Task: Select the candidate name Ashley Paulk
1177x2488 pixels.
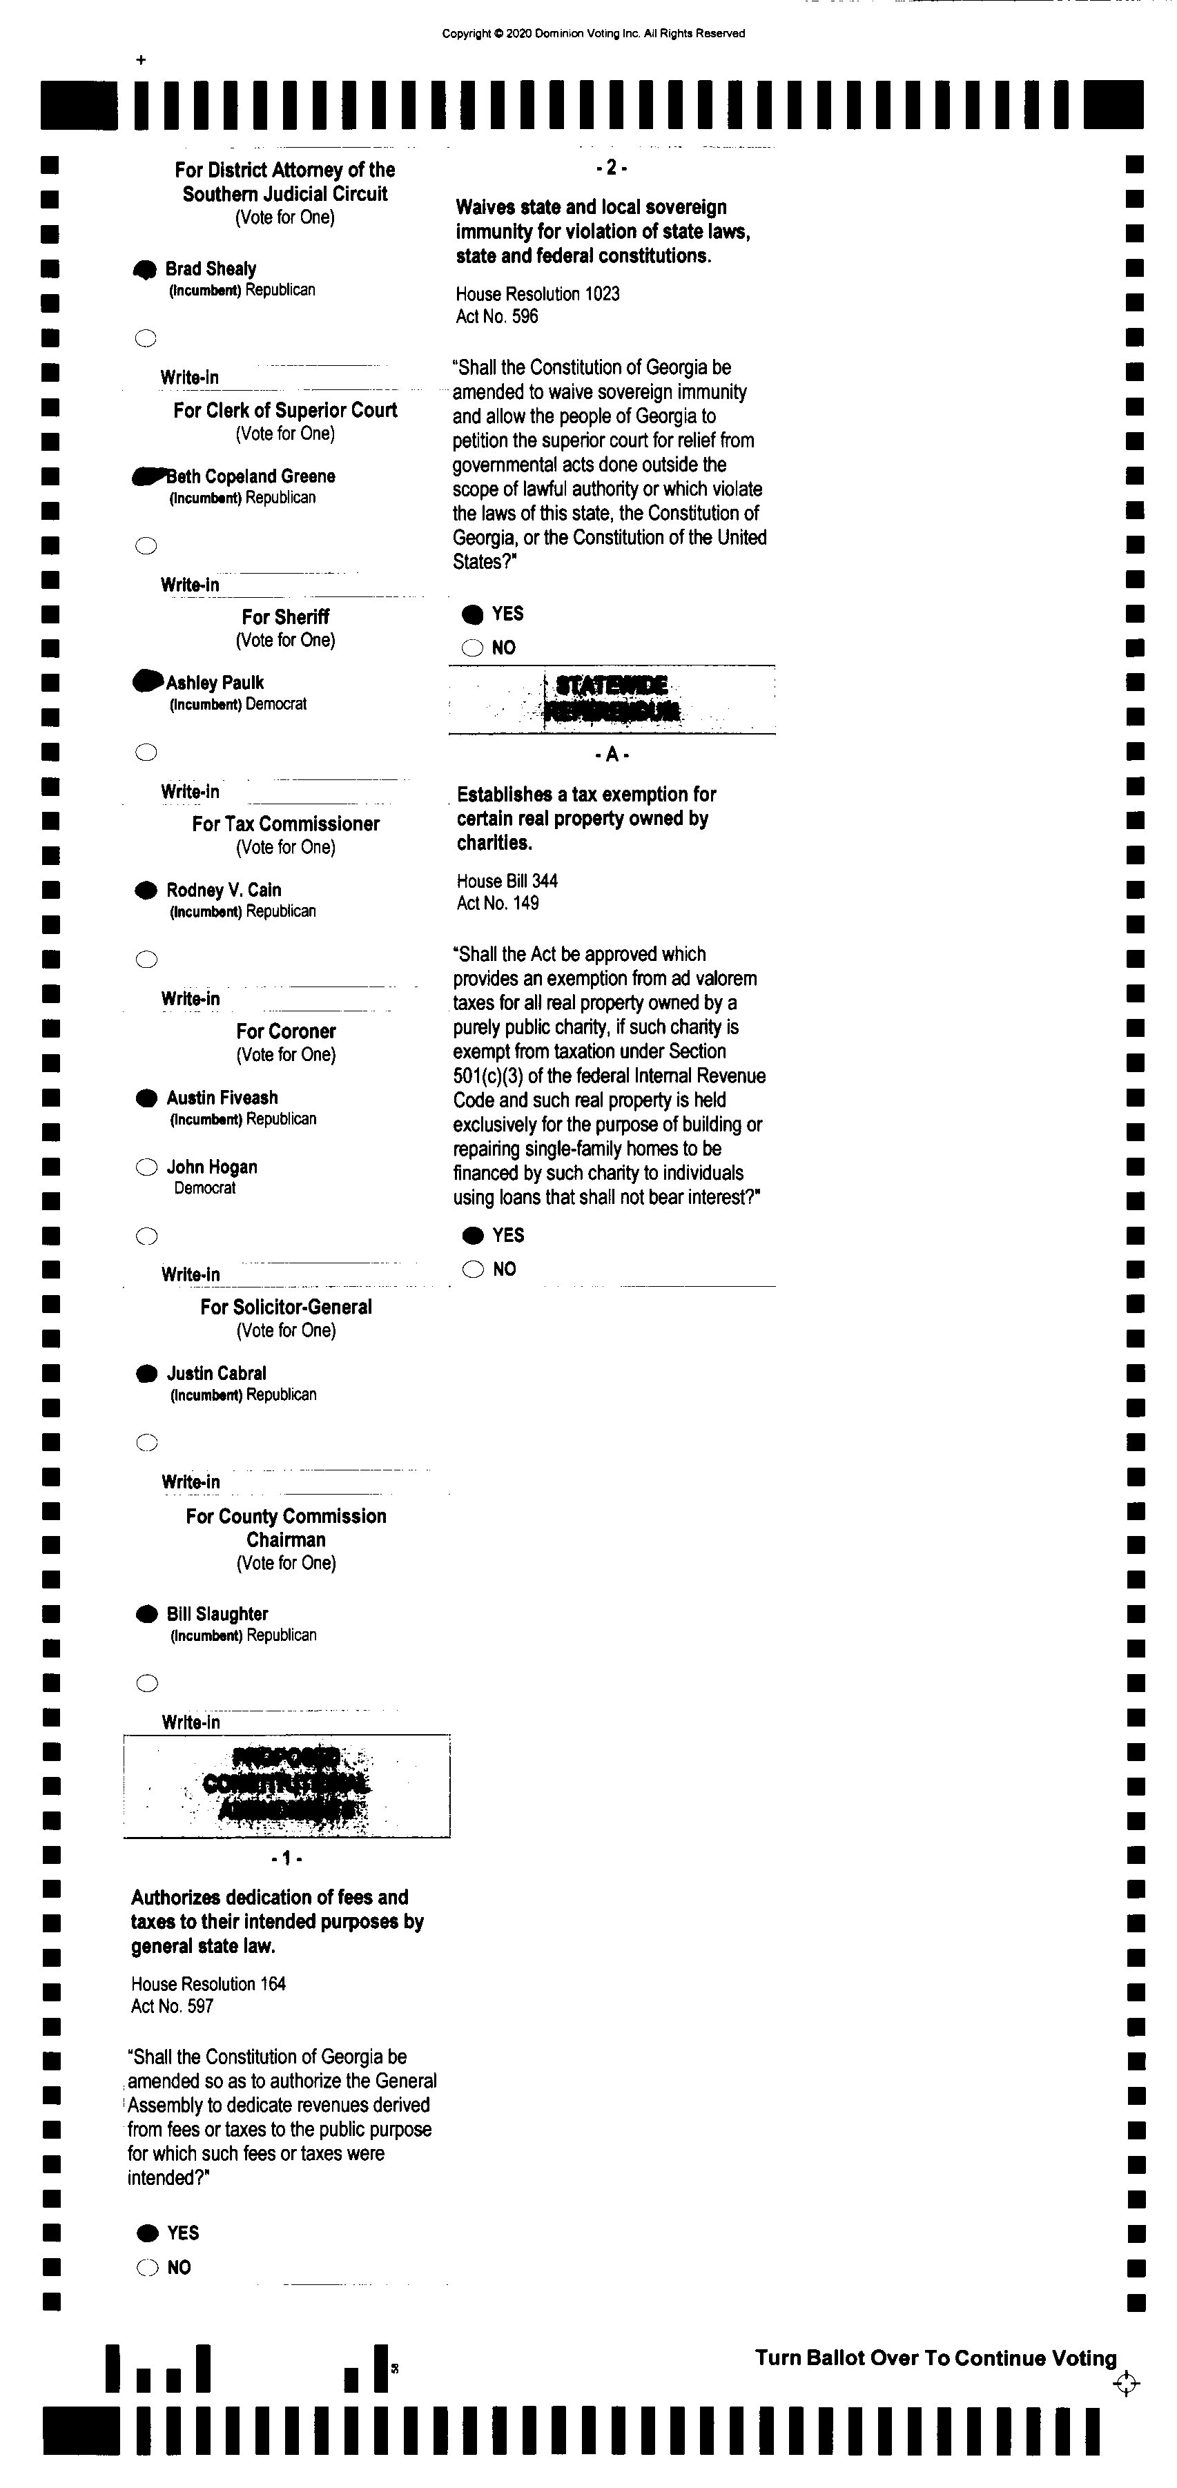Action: point(215,683)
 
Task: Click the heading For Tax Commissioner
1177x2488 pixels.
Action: point(286,824)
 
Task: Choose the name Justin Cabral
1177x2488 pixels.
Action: point(216,1373)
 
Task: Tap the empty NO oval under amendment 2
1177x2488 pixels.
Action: point(472,648)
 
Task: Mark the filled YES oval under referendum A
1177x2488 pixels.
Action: point(473,1235)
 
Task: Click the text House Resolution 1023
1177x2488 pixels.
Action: point(538,293)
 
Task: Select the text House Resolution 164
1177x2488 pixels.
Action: point(208,1984)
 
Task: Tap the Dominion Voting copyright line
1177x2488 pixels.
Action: point(593,34)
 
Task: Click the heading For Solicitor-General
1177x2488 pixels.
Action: point(286,1307)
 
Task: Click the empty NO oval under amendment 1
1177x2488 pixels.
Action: point(148,2268)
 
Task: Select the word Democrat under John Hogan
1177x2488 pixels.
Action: point(205,1188)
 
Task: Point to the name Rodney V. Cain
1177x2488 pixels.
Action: point(224,891)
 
